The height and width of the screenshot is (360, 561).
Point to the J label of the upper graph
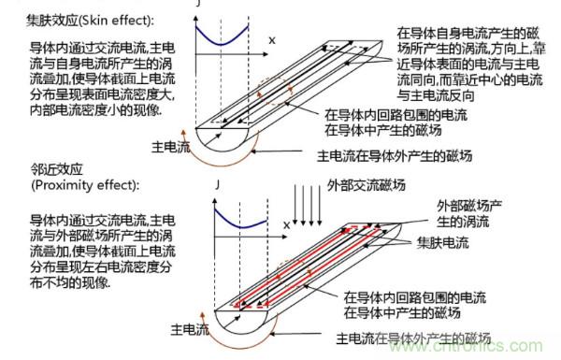pos(198,5)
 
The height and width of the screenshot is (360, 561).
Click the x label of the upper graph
pos(272,41)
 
